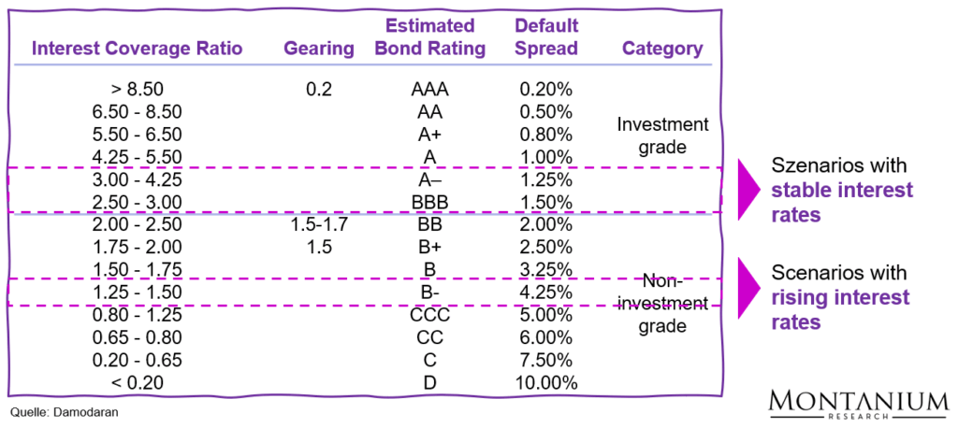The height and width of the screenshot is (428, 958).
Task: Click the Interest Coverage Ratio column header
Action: pyautogui.click(x=138, y=49)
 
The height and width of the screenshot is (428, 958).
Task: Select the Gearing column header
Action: pyautogui.click(x=319, y=49)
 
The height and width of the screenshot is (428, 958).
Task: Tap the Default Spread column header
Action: pyautogui.click(x=546, y=36)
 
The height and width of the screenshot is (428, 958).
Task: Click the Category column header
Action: pyautogui.click(x=662, y=49)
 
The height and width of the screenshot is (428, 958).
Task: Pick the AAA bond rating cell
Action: pyautogui.click(x=430, y=91)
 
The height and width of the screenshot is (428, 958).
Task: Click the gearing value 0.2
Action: pyautogui.click(x=319, y=91)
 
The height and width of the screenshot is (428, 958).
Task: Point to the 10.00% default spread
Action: pyautogui.click(x=546, y=381)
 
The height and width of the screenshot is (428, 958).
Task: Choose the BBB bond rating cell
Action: pyautogui.click(x=430, y=202)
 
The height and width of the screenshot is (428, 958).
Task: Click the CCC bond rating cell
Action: pyautogui.click(x=430, y=314)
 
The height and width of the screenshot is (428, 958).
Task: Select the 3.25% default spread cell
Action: pyautogui.click(x=546, y=269)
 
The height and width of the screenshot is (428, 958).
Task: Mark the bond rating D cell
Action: pyautogui.click(x=430, y=381)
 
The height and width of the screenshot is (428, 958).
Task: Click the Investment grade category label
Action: pyautogui.click(x=662, y=136)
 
